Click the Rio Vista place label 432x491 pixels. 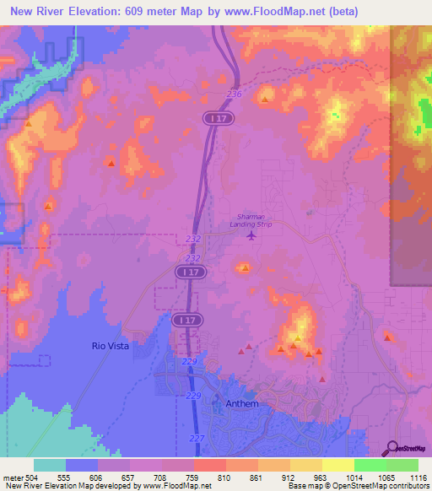(x=110, y=346)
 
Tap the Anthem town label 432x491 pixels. (x=241, y=404)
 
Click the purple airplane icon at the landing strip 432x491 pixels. (x=251, y=235)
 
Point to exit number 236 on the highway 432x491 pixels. (x=234, y=94)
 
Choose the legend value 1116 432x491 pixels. (x=418, y=477)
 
